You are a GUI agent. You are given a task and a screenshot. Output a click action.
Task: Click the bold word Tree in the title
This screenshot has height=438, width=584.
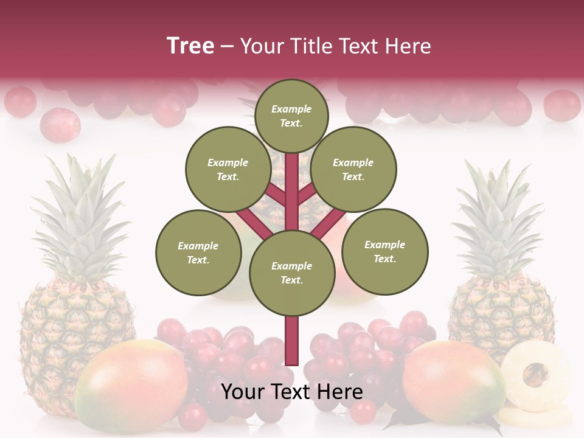(190, 46)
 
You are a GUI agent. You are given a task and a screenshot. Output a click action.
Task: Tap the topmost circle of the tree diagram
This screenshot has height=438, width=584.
(291, 116)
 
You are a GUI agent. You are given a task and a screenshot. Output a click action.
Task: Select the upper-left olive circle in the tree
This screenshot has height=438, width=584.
(228, 169)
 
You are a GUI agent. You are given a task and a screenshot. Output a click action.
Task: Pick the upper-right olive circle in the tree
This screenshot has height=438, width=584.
(353, 169)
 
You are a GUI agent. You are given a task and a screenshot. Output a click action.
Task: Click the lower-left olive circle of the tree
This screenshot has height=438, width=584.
(198, 252)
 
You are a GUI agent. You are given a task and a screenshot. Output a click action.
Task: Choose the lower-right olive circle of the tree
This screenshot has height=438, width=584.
(384, 251)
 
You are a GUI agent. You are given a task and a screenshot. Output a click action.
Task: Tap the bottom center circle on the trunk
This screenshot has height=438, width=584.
(292, 273)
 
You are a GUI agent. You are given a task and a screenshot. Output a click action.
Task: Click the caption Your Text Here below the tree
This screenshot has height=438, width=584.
(292, 392)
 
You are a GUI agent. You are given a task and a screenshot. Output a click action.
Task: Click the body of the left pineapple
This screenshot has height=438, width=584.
(73, 316)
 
